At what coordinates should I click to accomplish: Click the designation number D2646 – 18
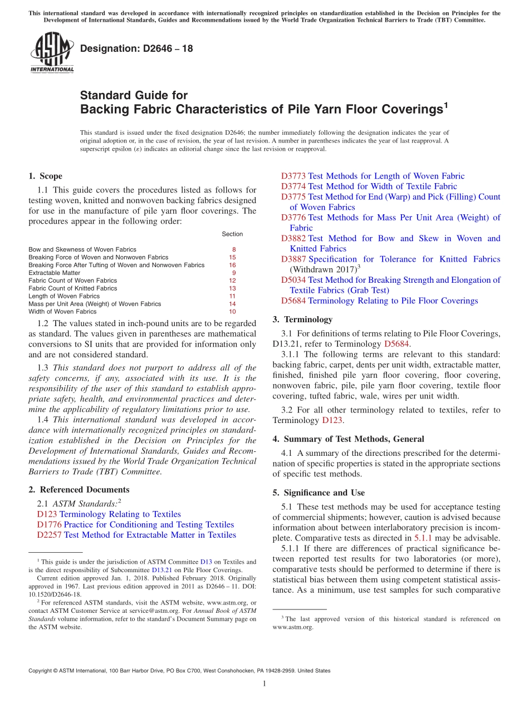tap(136, 48)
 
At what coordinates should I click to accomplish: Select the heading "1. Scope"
tap(45, 176)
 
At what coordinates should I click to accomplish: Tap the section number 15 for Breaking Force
tap(232, 258)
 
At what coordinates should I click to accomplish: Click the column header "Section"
tap(232, 234)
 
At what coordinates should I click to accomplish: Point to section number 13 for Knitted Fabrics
tap(232, 289)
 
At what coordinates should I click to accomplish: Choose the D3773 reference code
tap(293, 176)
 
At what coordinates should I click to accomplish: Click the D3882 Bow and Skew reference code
tap(293, 239)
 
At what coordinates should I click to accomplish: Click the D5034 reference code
tap(293, 281)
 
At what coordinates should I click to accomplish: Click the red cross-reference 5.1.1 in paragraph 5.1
tap(423, 538)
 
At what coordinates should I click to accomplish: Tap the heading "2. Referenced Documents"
tap(79, 490)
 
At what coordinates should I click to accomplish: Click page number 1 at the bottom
tap(264, 684)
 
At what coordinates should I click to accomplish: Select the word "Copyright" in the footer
tap(41, 671)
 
